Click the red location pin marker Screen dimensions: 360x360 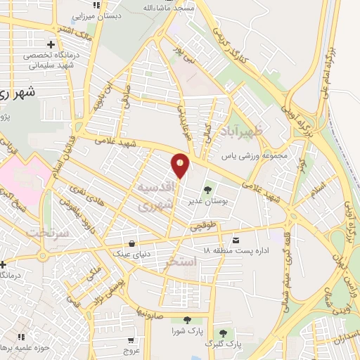click(181, 165)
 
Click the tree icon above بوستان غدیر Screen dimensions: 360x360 click(207, 189)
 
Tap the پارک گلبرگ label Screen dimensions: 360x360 click(223, 344)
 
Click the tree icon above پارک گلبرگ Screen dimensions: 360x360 click(223, 333)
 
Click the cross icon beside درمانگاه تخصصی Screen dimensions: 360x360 click(49, 45)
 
